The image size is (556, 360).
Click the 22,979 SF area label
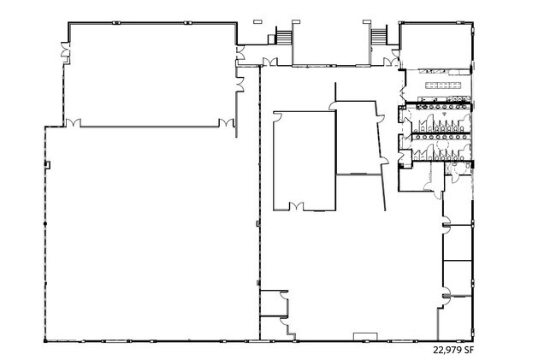click(x=453, y=350)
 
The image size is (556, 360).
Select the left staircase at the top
click(x=284, y=37)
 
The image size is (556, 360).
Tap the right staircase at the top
click(x=379, y=37)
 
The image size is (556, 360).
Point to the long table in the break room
click(x=444, y=85)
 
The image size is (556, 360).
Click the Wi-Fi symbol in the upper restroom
click(x=444, y=114)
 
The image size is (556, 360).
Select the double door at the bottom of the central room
click(x=297, y=206)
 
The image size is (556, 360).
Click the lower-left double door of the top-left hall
click(x=74, y=122)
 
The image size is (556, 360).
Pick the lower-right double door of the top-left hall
click(x=226, y=122)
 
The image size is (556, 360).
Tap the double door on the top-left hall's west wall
click(x=65, y=50)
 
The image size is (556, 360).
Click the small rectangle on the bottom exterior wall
click(x=365, y=336)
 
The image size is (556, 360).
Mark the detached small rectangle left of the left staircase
click(x=257, y=22)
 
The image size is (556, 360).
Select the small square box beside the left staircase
click(x=271, y=39)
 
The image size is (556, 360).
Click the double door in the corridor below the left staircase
click(x=269, y=62)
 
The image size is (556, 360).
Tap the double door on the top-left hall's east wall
click(x=240, y=85)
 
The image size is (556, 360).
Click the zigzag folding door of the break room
click(x=403, y=93)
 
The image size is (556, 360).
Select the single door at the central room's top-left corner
click(x=278, y=117)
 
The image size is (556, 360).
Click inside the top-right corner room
click(x=435, y=46)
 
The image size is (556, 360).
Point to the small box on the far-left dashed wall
click(x=47, y=165)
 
